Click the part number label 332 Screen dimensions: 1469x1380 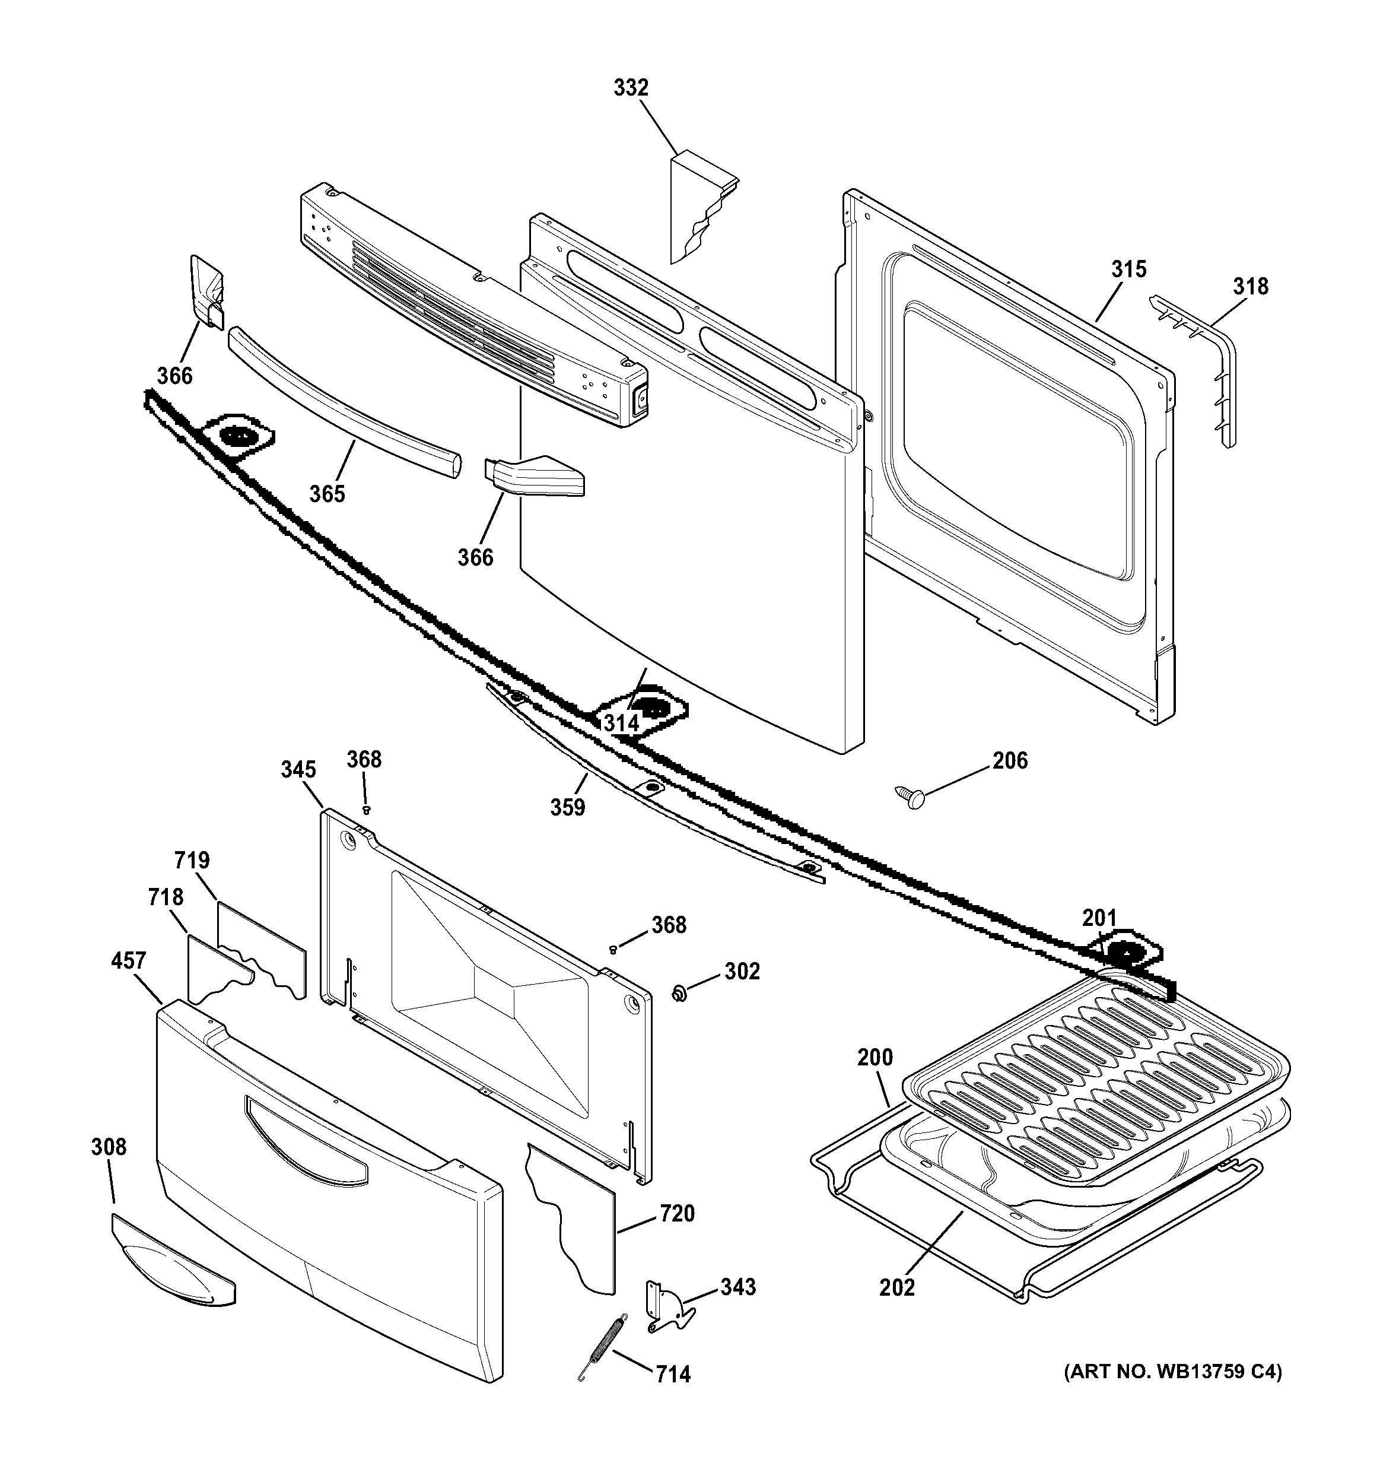point(631,88)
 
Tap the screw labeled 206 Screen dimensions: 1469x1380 point(910,797)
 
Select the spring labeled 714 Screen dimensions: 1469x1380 point(603,1346)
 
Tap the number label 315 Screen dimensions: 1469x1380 point(1129,269)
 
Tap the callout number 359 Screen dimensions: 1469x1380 point(567,808)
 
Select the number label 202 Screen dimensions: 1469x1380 point(897,1287)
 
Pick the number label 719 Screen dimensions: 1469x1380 point(192,861)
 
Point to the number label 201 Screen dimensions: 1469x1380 point(1099,918)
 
